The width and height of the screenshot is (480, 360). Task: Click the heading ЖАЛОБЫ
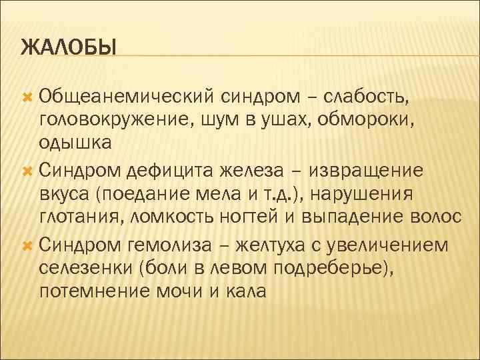point(69,48)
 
